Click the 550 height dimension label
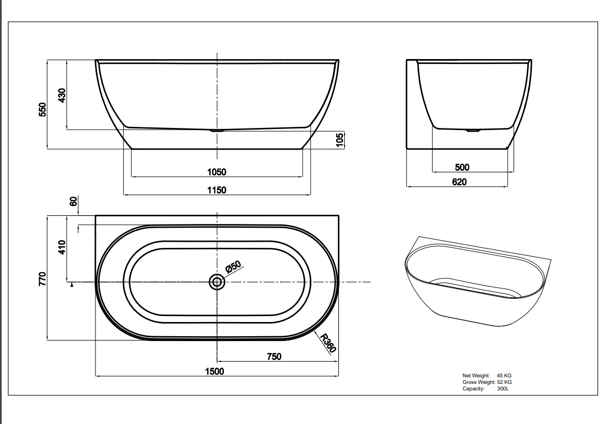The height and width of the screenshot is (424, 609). coord(43,109)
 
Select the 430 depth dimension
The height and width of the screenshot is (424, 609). coord(62,95)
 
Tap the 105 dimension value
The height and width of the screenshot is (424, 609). coord(340,140)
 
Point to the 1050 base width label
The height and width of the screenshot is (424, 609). coord(217,172)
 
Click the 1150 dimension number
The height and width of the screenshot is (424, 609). coord(217,190)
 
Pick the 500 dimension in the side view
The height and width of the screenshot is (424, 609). coord(462,168)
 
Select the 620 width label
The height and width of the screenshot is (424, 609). coord(459,182)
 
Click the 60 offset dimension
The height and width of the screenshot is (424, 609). coord(73,201)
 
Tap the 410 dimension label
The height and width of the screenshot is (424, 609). coord(62,247)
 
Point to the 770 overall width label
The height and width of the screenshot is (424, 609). coord(43,279)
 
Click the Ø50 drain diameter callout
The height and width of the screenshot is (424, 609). coord(233,267)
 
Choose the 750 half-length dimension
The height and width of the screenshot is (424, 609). coord(274,356)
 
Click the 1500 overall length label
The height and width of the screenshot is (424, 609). coord(214,371)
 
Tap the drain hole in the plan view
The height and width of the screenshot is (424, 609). coord(217,282)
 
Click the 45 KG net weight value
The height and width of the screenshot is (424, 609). coord(504,375)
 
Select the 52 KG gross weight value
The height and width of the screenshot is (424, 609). coord(504,382)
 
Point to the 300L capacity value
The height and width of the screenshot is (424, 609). coord(503,389)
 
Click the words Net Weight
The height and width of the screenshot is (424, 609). coord(476,375)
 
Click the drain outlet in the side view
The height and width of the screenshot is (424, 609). coord(472,131)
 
